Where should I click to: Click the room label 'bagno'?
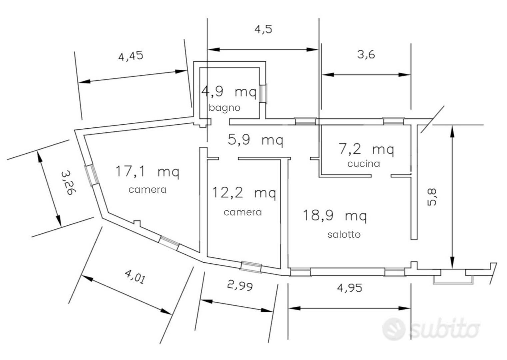(224, 108)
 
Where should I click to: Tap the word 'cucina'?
(364, 164)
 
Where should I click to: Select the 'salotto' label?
(344, 234)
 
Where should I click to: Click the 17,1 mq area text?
(147, 172)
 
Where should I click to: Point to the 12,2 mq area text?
(244, 193)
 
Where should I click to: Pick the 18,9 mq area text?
(335, 216)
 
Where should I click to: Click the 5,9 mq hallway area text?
(255, 140)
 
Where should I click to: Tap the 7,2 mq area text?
(366, 150)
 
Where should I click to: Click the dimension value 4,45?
(131, 56)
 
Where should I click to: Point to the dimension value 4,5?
(263, 29)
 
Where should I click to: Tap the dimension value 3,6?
(366, 55)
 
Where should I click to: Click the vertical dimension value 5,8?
(432, 197)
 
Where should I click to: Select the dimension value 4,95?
(349, 288)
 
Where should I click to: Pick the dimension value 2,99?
(240, 286)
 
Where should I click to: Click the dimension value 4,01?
(135, 277)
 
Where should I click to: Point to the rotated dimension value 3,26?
(68, 183)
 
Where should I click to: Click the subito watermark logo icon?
(394, 329)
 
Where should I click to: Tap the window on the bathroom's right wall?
(263, 93)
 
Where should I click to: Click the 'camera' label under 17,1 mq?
(148, 190)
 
